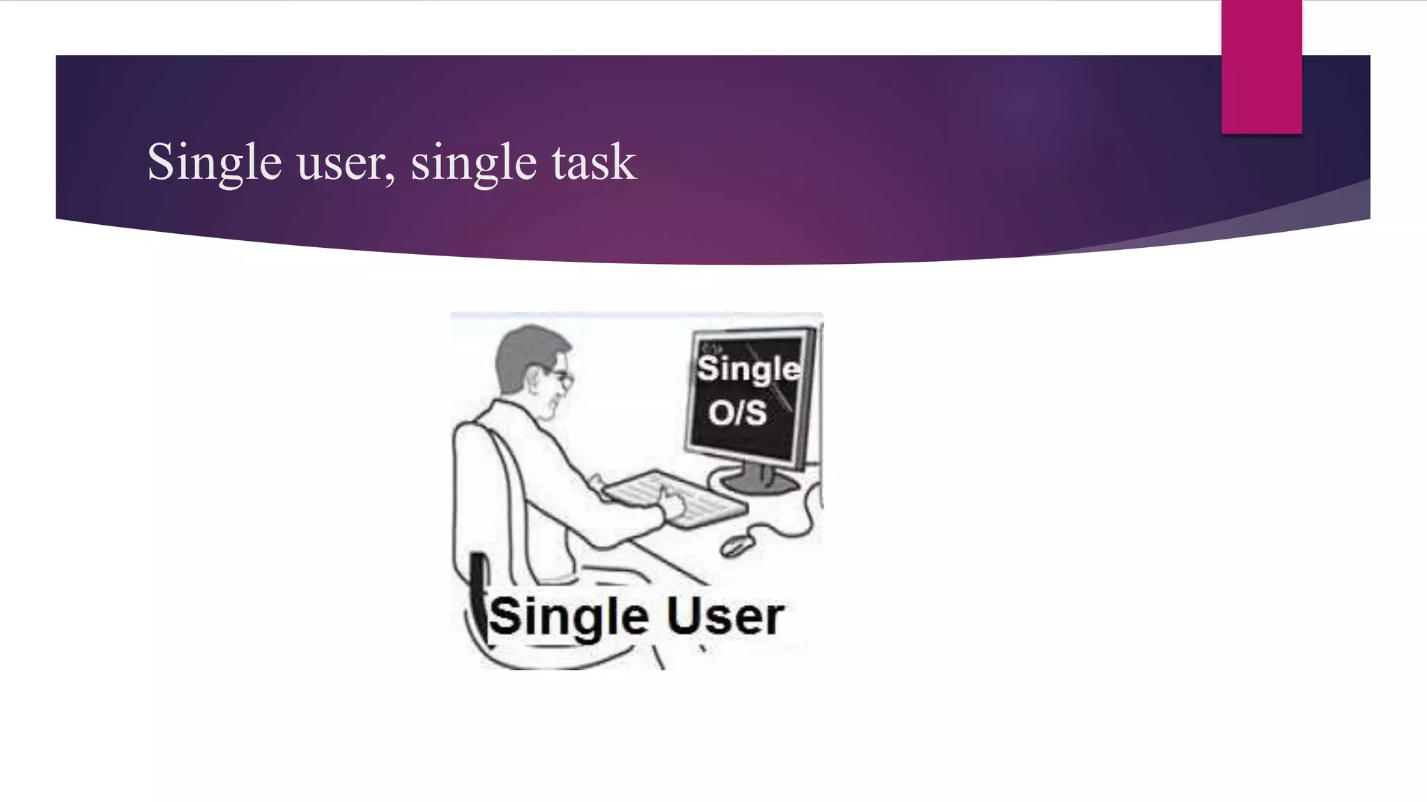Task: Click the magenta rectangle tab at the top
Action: tap(1261, 67)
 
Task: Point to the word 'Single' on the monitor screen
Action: tap(748, 368)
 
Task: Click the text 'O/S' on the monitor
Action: tap(737, 412)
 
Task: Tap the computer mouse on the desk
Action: tap(737, 544)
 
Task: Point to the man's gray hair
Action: tap(523, 348)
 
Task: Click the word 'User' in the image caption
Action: tap(725, 617)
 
